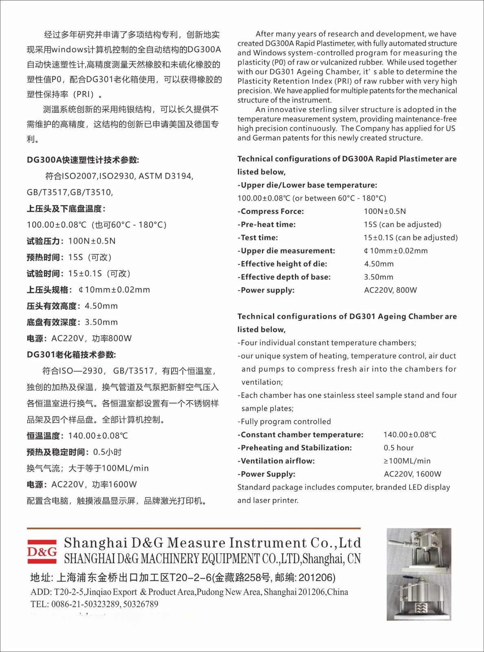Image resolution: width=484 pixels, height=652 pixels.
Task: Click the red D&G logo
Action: (42, 552)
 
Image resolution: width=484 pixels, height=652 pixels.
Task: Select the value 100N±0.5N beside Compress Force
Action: (385, 211)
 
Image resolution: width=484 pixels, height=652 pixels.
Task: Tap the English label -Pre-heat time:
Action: (268, 225)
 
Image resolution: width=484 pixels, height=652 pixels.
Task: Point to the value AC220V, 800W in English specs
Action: (390, 290)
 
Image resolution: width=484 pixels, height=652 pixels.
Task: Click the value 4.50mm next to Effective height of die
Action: (379, 264)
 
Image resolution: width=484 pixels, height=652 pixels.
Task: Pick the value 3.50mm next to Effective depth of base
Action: (378, 277)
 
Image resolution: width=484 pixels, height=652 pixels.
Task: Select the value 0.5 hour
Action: (398, 448)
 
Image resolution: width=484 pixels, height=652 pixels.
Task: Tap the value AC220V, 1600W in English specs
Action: (412, 474)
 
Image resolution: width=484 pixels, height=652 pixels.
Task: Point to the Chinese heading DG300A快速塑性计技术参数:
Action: (83, 160)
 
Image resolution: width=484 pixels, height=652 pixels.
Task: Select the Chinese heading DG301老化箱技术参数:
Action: (71, 355)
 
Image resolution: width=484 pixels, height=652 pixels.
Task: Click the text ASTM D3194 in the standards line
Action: (165, 176)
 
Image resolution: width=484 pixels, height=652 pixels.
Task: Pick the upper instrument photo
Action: (419, 551)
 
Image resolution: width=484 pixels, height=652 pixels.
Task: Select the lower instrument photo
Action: (419, 597)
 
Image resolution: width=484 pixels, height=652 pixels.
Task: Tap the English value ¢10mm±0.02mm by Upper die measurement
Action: (396, 251)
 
